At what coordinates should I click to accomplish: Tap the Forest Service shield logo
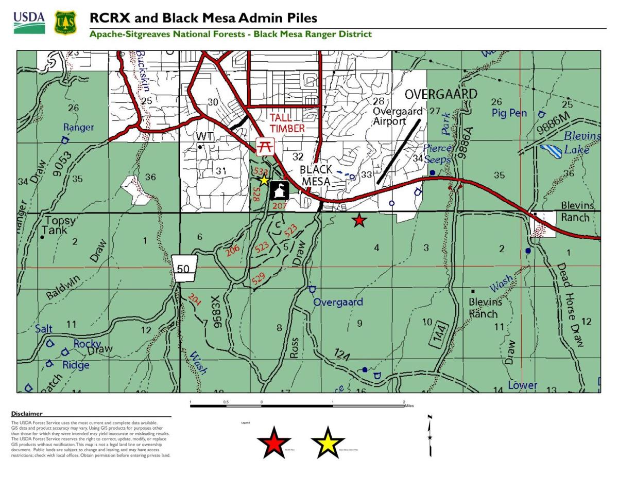pyautogui.click(x=65, y=23)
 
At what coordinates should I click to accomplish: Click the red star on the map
pyautogui.click(x=359, y=221)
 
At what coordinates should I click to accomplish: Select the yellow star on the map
pyautogui.click(x=264, y=180)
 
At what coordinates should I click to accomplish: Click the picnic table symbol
pyautogui.click(x=265, y=146)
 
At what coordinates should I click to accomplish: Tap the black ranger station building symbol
pyautogui.click(x=279, y=190)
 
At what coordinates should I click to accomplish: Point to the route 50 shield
pyautogui.click(x=184, y=268)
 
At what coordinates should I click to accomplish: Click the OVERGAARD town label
pyautogui.click(x=440, y=95)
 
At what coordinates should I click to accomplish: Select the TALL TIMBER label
pyautogui.click(x=287, y=123)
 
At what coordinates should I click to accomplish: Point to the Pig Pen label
pyautogui.click(x=509, y=113)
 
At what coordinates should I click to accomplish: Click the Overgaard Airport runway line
pyautogui.click(x=399, y=152)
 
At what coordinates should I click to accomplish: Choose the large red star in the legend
pyautogui.click(x=273, y=443)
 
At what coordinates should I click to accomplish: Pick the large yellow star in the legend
pyautogui.click(x=328, y=443)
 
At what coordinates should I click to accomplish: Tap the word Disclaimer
pyautogui.click(x=27, y=414)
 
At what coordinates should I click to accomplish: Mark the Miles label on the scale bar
pyautogui.click(x=409, y=406)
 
